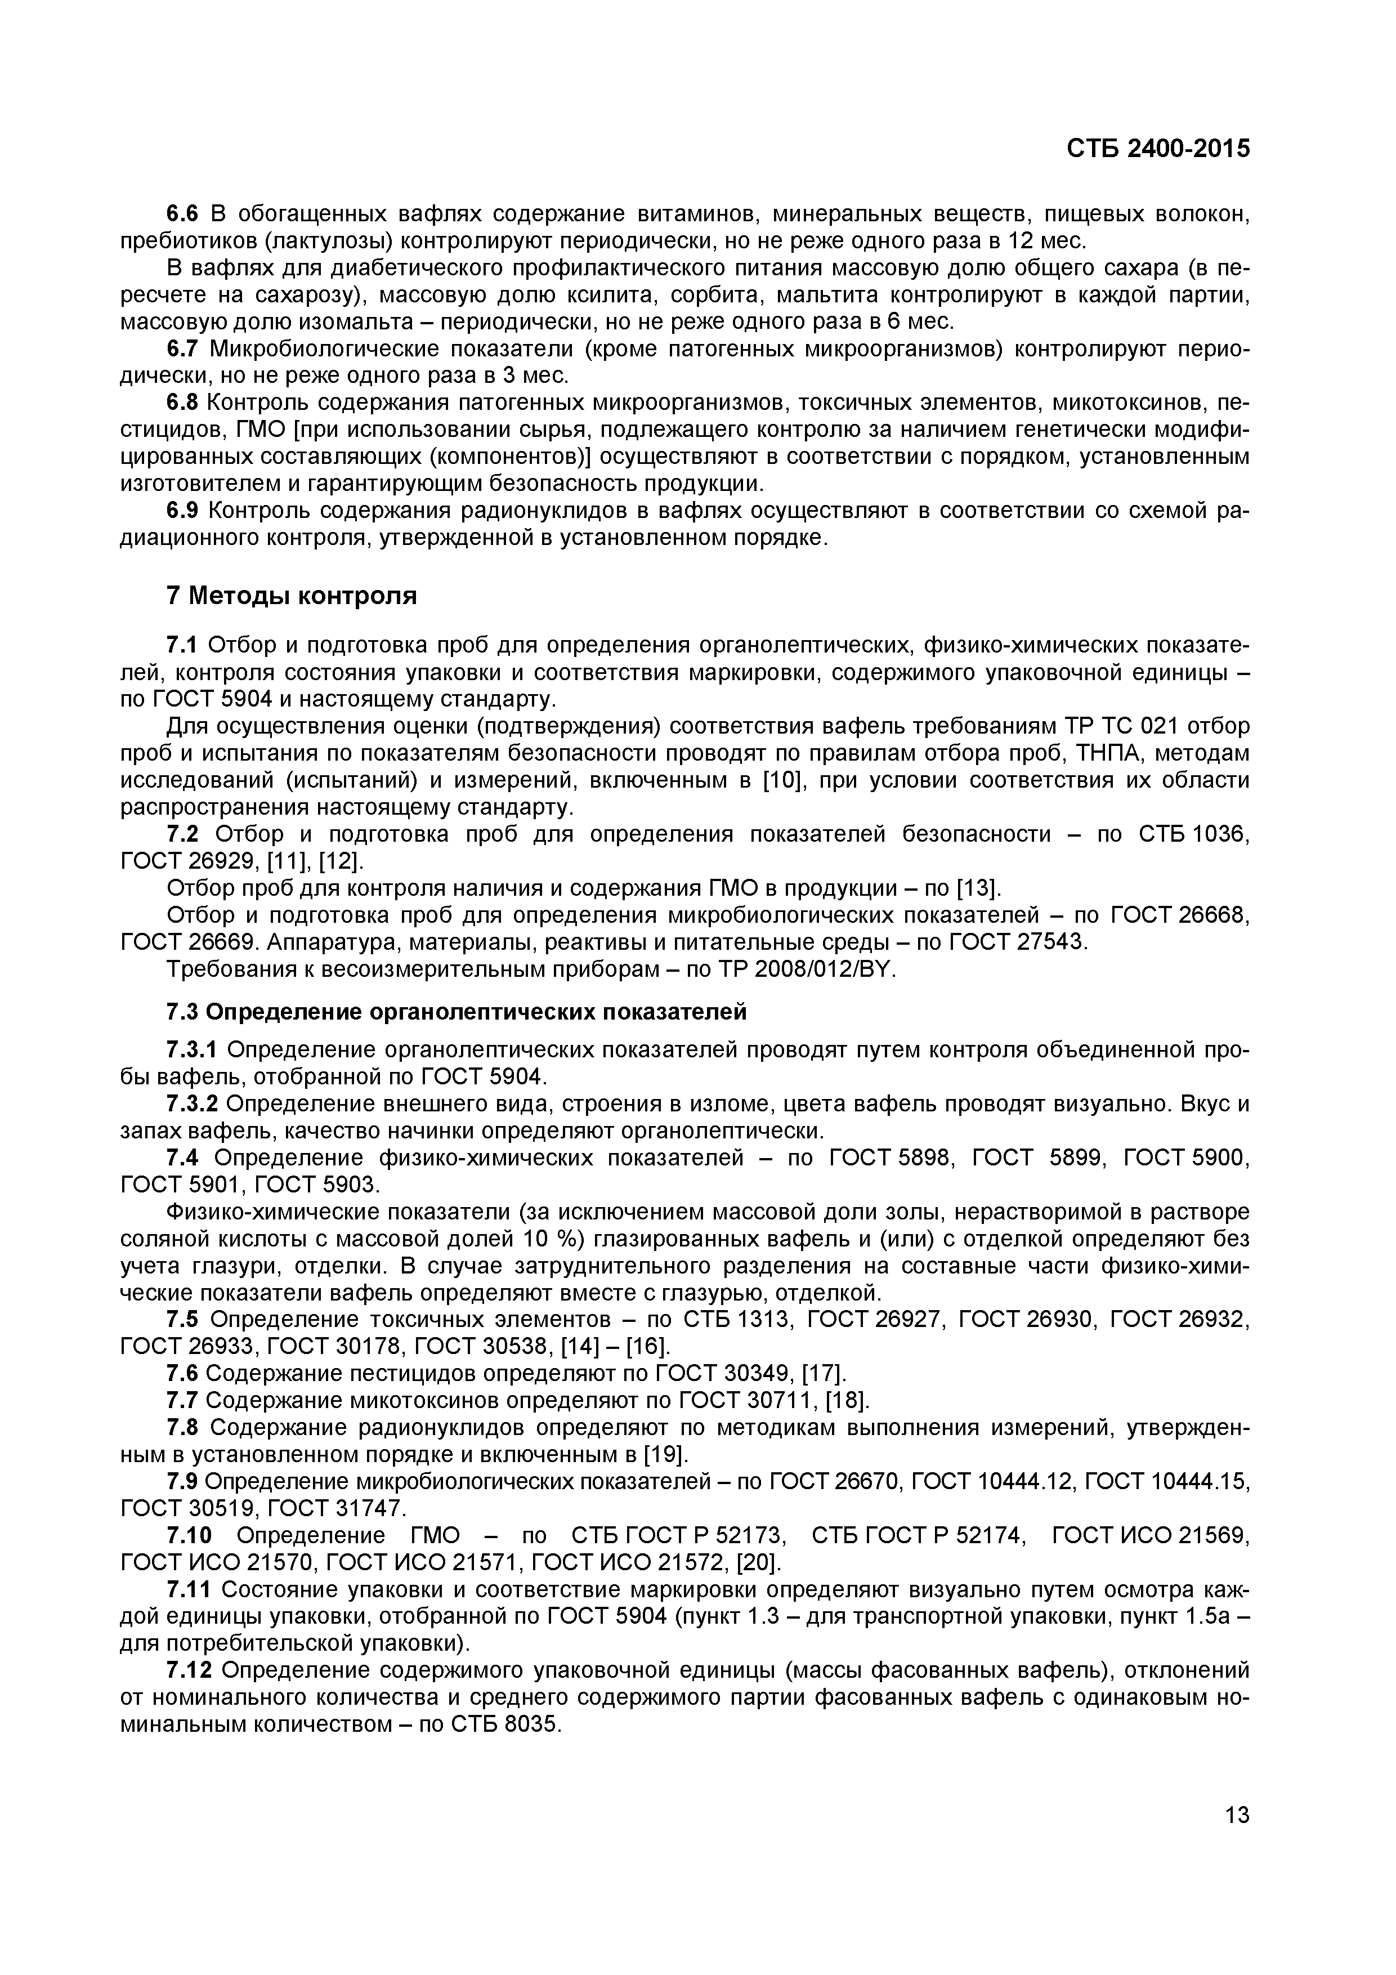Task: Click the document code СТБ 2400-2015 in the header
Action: point(1158,149)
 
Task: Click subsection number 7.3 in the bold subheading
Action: point(181,1012)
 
